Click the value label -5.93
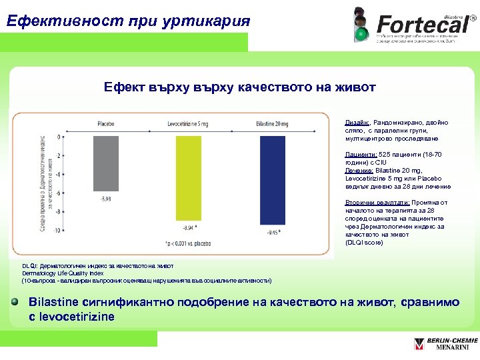tap(106, 199)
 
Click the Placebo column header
tap(105, 124)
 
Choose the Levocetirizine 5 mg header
tap(188, 124)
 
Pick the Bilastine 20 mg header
tap(272, 124)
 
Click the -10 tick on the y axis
tap(58, 230)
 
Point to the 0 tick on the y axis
tap(60, 137)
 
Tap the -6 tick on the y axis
tap(59, 193)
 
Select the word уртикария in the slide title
tap(204, 21)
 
